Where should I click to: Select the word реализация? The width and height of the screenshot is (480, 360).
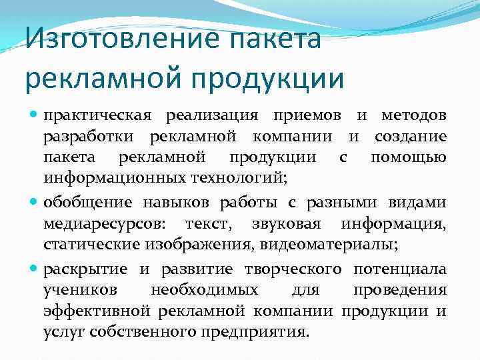(x=212, y=116)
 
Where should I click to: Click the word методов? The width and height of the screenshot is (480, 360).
(x=414, y=116)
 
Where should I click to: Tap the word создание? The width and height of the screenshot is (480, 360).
(x=411, y=137)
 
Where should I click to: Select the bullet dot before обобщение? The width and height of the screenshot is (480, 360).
(x=34, y=202)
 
